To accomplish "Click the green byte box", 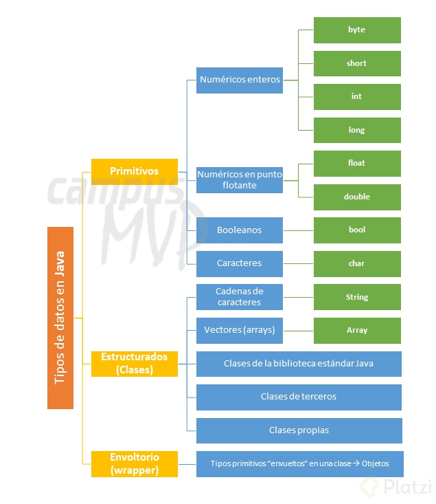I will click(357, 30).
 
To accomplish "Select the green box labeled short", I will click(357, 63).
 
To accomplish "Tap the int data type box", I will click(357, 97).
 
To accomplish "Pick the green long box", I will click(357, 130).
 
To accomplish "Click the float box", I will click(357, 164).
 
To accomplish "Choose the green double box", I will click(357, 197).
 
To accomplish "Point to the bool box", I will click(357, 230).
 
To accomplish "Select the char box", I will click(357, 263).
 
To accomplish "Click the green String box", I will click(357, 297).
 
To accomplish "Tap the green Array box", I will click(357, 330).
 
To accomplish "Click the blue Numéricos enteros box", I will click(240, 80).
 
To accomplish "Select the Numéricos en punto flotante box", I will click(240, 179).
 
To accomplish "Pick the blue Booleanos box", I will click(240, 230).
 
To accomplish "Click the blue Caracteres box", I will click(240, 263).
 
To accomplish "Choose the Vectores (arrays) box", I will click(240, 330).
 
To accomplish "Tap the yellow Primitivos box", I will click(135, 171).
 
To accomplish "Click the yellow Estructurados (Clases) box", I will click(135, 363).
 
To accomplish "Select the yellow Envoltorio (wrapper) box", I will click(135, 464).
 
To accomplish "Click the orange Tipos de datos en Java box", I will click(60, 318).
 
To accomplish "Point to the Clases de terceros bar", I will click(299, 397).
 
